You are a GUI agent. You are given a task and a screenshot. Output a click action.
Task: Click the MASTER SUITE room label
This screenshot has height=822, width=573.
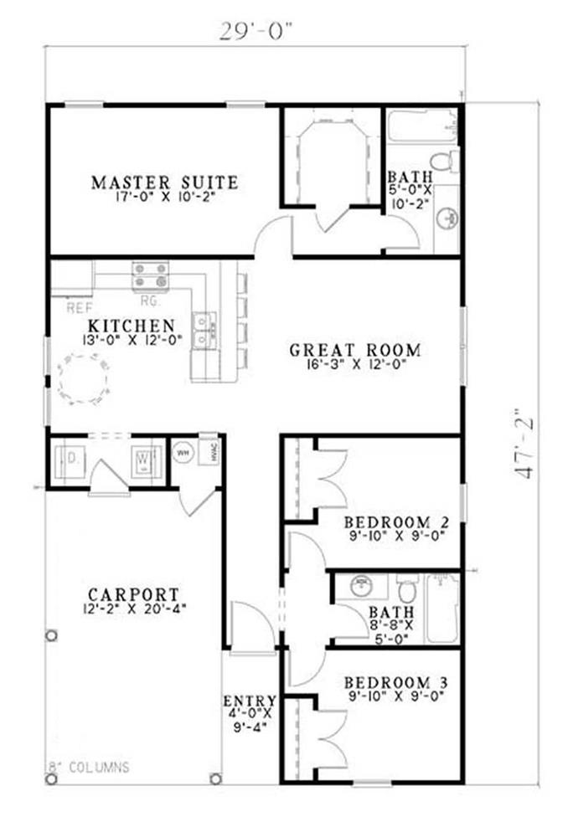[x=164, y=182]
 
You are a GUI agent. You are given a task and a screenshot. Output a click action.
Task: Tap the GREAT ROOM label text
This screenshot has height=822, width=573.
[x=354, y=349]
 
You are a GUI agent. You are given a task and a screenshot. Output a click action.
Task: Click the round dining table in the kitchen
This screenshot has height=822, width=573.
[x=82, y=379]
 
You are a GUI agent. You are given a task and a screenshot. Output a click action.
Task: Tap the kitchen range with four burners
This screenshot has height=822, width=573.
[x=151, y=275]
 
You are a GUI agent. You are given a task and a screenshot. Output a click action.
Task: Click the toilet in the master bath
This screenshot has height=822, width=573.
[x=442, y=162]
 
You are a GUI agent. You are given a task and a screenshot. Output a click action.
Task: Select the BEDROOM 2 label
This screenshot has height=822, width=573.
[x=396, y=522]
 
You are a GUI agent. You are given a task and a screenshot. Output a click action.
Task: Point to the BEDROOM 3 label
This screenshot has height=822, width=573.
[x=396, y=683]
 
